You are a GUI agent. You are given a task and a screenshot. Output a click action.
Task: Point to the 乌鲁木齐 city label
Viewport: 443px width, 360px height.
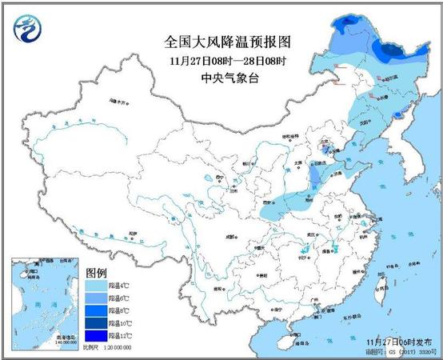coord(118,103)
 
